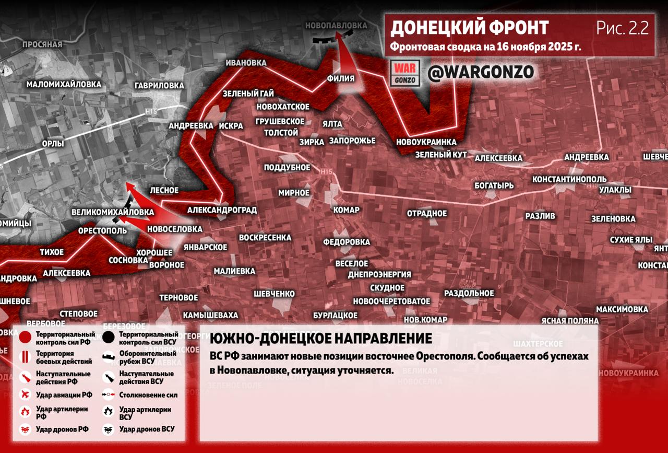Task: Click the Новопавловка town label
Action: click(x=336, y=26)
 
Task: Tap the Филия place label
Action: click(x=340, y=79)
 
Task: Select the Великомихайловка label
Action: click(x=113, y=212)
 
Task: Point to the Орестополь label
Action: click(x=102, y=230)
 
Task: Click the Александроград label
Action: click(x=222, y=210)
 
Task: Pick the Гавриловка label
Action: click(x=159, y=85)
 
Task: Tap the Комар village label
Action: click(x=346, y=210)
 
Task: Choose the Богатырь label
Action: click(x=494, y=185)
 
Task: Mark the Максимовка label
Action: click(x=622, y=309)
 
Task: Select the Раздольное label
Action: click(x=469, y=293)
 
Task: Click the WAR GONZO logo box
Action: click(x=405, y=73)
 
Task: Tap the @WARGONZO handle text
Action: click(x=480, y=73)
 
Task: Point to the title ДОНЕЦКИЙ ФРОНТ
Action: click(x=469, y=27)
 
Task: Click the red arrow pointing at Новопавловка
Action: click(x=343, y=57)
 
